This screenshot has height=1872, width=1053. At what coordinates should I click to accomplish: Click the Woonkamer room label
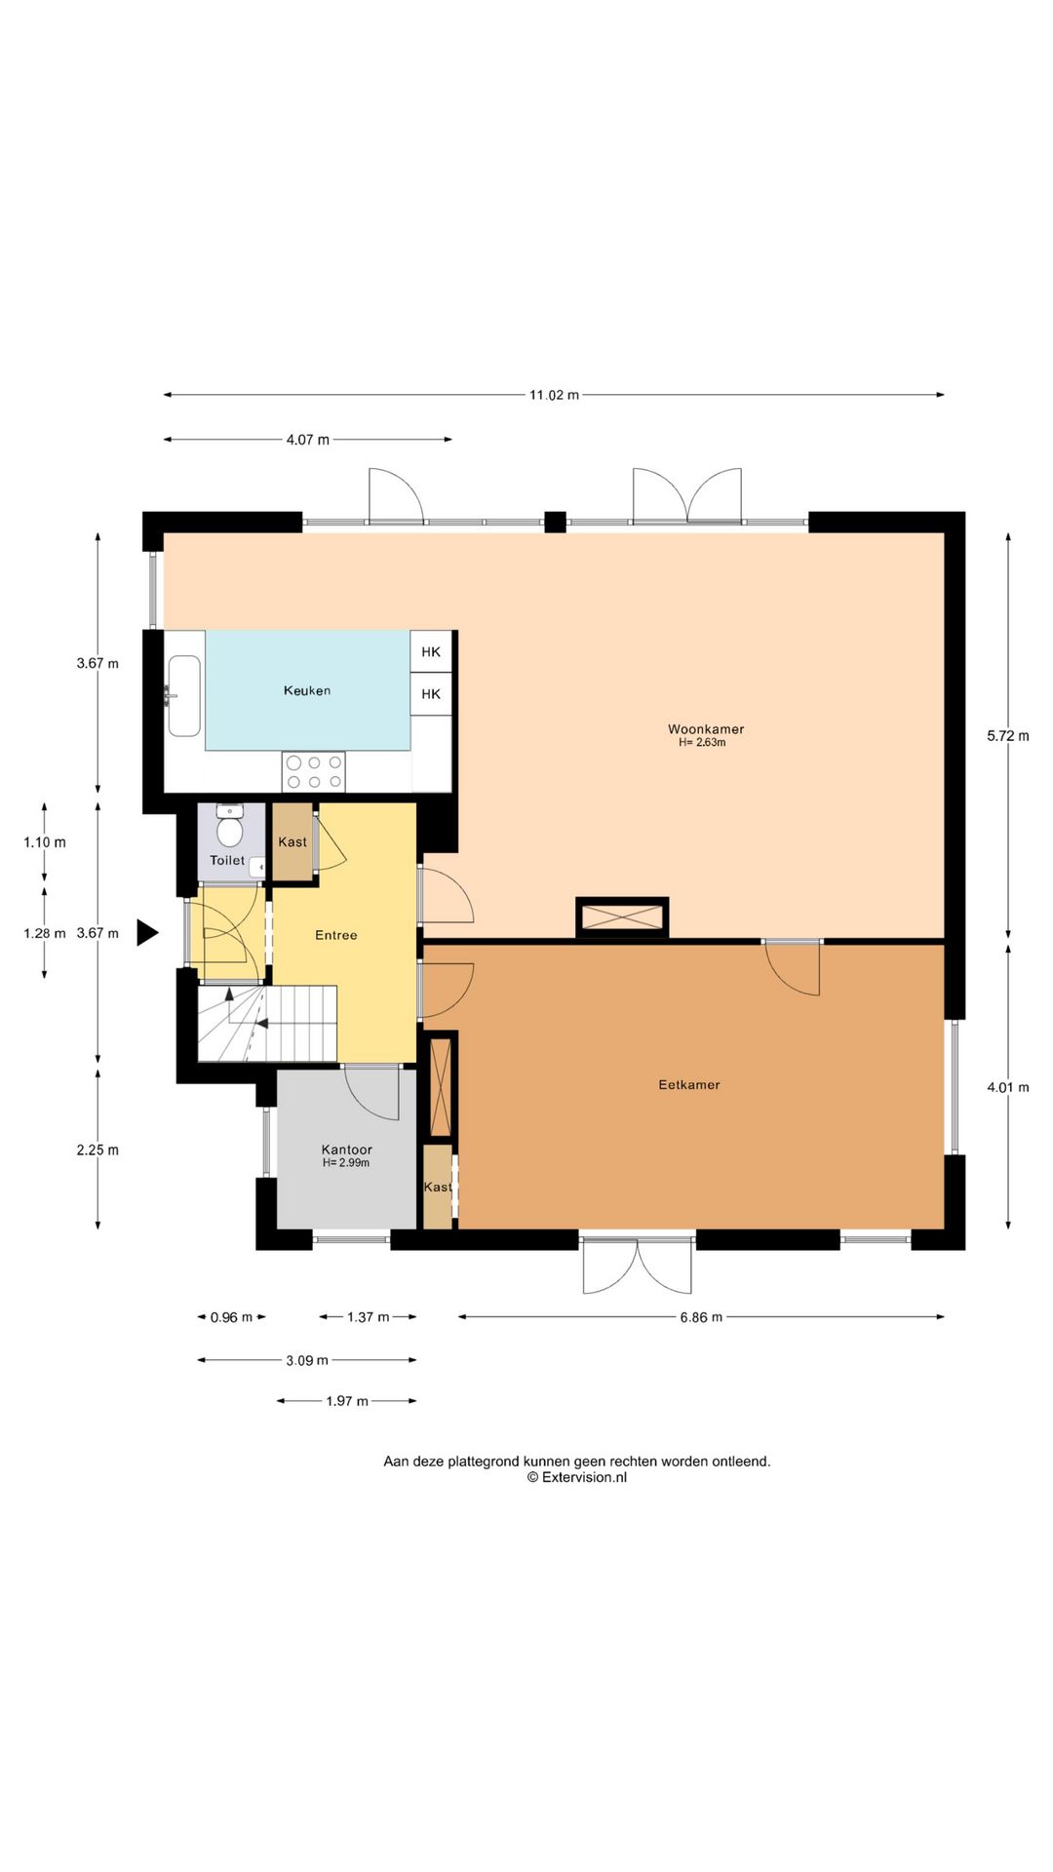706,728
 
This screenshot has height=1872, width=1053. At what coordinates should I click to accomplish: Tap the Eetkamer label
689,1084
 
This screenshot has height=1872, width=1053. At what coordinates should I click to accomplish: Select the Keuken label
307,690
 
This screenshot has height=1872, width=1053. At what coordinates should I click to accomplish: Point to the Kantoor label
347,1150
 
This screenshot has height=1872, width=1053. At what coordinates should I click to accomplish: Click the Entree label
336,935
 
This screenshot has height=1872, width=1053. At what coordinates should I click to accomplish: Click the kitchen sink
184,696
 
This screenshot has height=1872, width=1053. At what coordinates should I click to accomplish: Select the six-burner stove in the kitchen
314,771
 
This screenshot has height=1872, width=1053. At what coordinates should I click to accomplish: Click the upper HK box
431,651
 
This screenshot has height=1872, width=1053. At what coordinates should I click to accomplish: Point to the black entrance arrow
146,933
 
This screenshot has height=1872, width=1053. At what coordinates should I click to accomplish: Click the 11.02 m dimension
554,395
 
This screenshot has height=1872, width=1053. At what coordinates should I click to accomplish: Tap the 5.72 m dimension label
1008,736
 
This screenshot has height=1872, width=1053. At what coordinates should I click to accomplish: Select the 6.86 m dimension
701,1317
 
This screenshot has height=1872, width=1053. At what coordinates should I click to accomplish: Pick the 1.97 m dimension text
347,1401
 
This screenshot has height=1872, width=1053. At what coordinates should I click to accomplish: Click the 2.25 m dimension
97,1150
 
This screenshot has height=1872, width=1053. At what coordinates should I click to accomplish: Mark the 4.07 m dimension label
307,440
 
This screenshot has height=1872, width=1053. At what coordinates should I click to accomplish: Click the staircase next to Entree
267,1023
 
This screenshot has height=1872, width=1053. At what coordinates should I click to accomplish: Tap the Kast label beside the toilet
292,841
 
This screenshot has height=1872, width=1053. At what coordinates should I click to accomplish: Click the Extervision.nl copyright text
577,1477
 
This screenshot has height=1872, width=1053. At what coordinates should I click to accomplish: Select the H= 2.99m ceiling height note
346,1163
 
